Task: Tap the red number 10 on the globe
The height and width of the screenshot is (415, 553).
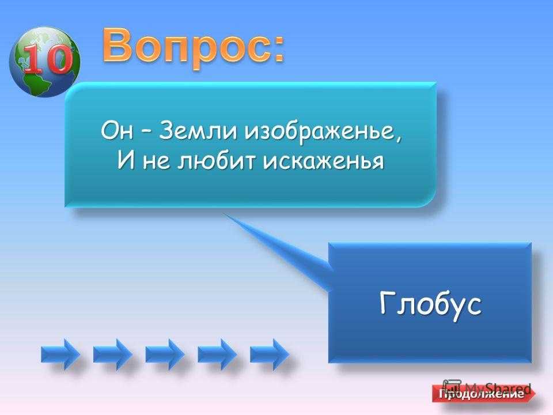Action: (x=46, y=59)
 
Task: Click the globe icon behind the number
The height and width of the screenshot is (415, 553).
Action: (x=44, y=62)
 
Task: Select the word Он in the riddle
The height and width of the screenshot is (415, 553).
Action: (x=117, y=131)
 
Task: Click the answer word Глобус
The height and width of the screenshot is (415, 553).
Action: (x=430, y=304)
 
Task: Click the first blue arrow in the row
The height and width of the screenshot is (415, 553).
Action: (x=60, y=353)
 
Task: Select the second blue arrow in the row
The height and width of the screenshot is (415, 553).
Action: (x=112, y=353)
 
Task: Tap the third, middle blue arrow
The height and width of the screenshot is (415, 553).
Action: (x=165, y=353)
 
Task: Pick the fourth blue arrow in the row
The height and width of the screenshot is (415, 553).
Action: (x=217, y=353)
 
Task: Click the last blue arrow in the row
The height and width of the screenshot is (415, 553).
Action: (x=269, y=353)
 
